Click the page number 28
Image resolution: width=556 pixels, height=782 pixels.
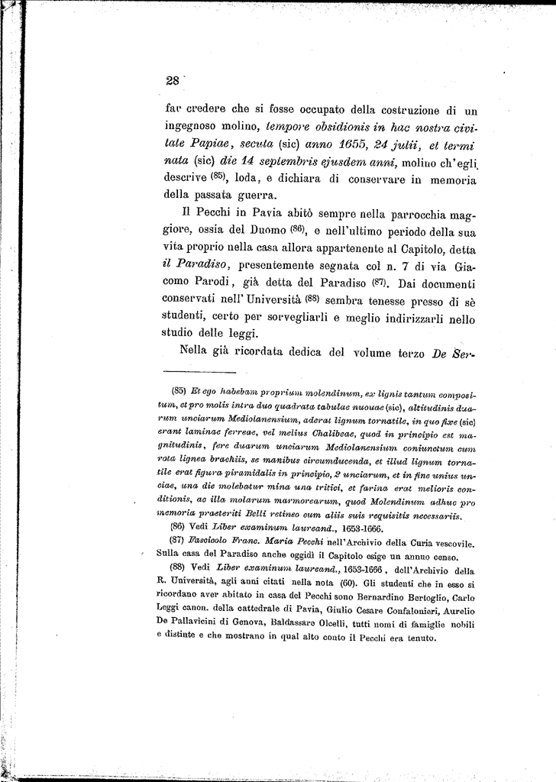coord(170,82)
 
